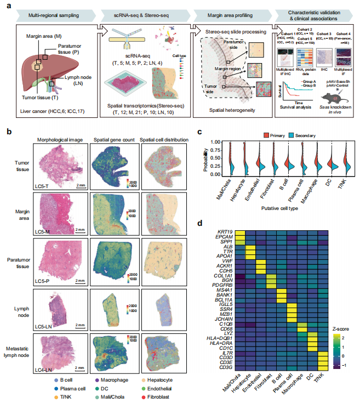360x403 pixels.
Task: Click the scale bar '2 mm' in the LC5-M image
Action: click(x=80, y=229)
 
